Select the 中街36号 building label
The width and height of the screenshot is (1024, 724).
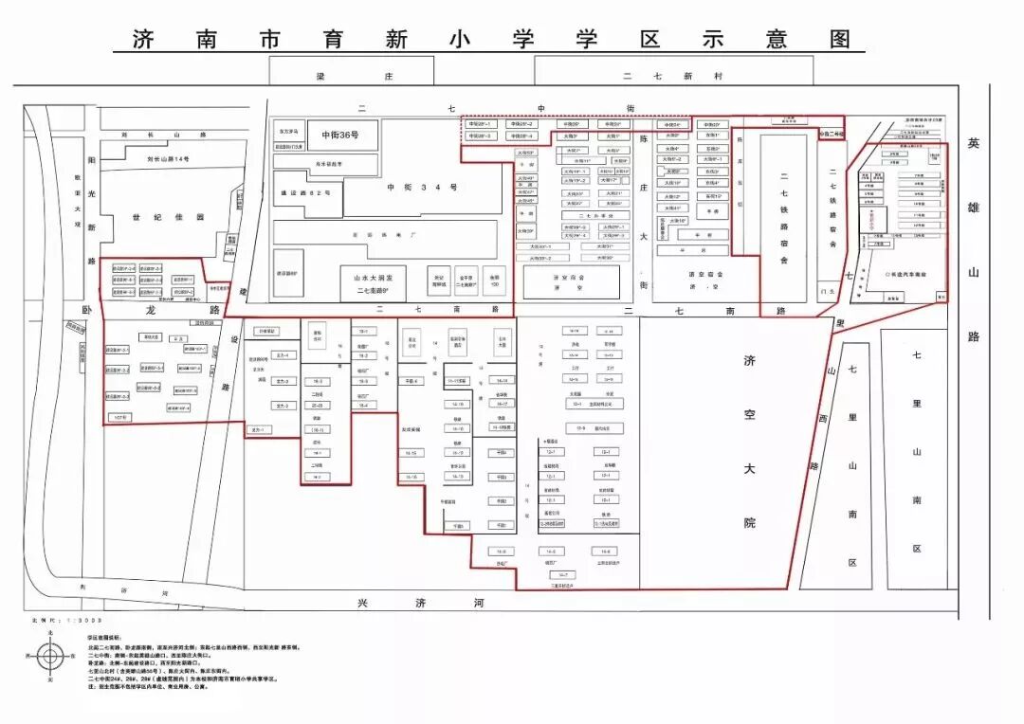tap(339, 135)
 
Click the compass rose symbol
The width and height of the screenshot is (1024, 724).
tap(52, 655)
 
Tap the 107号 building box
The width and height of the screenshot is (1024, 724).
tap(119, 417)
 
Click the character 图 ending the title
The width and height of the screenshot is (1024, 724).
tap(838, 39)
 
